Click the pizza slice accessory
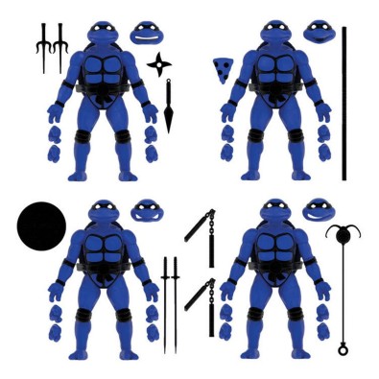click(x=221, y=69)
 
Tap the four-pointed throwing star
click(x=158, y=64)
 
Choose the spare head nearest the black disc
click(x=146, y=211)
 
